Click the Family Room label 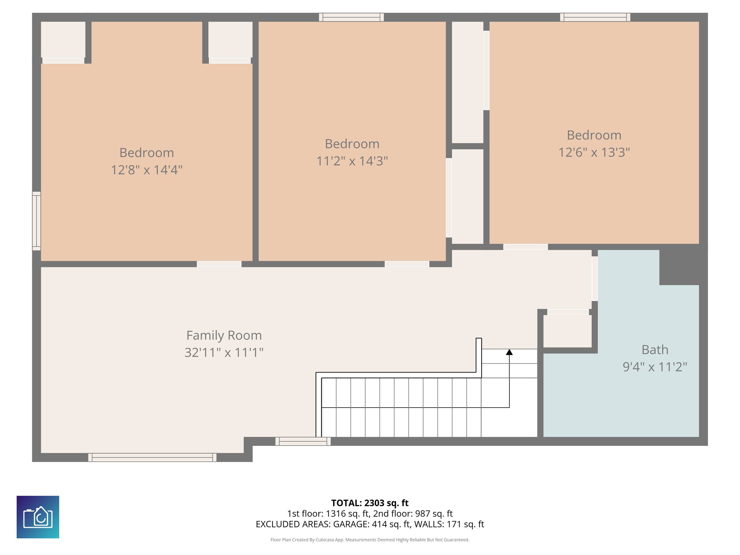pyautogui.click(x=224, y=335)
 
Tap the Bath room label pyautogui.click(x=655, y=350)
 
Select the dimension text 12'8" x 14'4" pyautogui.click(x=146, y=170)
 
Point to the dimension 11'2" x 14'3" pyautogui.click(x=352, y=161)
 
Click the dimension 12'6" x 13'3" pyautogui.click(x=594, y=152)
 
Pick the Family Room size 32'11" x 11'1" pyautogui.click(x=224, y=352)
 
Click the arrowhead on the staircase pyautogui.click(x=509, y=352)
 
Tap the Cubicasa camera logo pyautogui.click(x=38, y=517)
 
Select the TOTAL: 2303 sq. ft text pyautogui.click(x=370, y=503)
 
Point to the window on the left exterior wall pyautogui.click(x=36, y=221)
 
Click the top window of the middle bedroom pyautogui.click(x=351, y=17)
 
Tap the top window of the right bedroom pyautogui.click(x=595, y=17)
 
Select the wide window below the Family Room pyautogui.click(x=152, y=457)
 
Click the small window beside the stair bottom pyautogui.click(x=303, y=441)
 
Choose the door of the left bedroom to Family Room pyautogui.click(x=219, y=264)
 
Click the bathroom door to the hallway pyautogui.click(x=594, y=279)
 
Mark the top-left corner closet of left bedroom pyautogui.click(x=63, y=40)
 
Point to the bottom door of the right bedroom pyautogui.click(x=525, y=247)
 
